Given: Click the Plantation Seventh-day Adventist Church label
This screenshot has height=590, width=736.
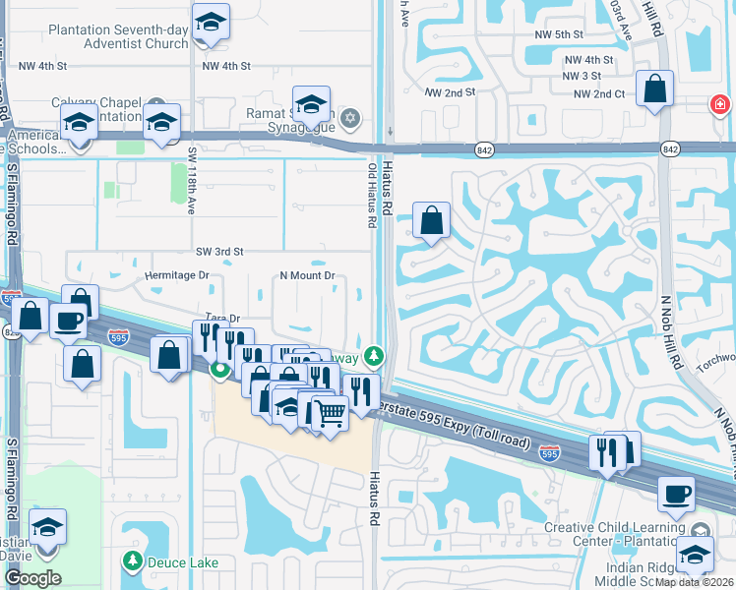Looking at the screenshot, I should (x=118, y=36).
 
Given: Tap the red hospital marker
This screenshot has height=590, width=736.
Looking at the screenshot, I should (x=721, y=103).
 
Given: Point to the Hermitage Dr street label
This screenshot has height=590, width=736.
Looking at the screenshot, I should (x=177, y=275).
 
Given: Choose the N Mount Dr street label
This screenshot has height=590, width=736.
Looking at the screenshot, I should (x=308, y=275).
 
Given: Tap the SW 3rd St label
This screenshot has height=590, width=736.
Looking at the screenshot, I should (x=218, y=252).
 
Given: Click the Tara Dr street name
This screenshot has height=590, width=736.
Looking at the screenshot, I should (x=222, y=318).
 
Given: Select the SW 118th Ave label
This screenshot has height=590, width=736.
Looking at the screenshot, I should (x=192, y=180).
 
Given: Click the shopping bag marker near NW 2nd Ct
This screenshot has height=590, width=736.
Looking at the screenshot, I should (x=654, y=89).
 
